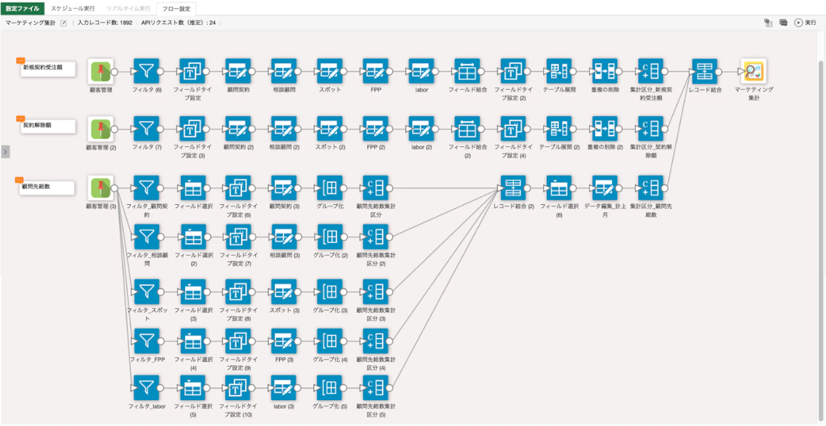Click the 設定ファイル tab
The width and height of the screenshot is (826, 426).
point(22,8)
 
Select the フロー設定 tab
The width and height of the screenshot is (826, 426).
point(176,9)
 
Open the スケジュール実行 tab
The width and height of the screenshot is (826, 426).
point(72,9)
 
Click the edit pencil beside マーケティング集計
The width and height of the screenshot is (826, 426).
point(64,23)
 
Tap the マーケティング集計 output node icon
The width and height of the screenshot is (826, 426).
point(754,71)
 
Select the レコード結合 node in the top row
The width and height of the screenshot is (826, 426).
point(705,71)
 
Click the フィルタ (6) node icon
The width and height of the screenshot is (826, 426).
point(146,71)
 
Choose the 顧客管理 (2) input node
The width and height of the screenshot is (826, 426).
point(101,129)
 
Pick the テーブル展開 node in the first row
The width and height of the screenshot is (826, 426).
point(559,71)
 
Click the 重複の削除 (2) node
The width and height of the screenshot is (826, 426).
point(605,129)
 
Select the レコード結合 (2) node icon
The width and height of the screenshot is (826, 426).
point(513,188)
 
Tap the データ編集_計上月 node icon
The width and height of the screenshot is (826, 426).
point(605,188)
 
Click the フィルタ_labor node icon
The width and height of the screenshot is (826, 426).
point(146,388)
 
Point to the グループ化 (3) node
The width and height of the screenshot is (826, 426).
point(330,292)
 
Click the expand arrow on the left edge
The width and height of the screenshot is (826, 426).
point(5,152)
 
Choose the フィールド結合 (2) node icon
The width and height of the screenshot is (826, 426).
point(467,129)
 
